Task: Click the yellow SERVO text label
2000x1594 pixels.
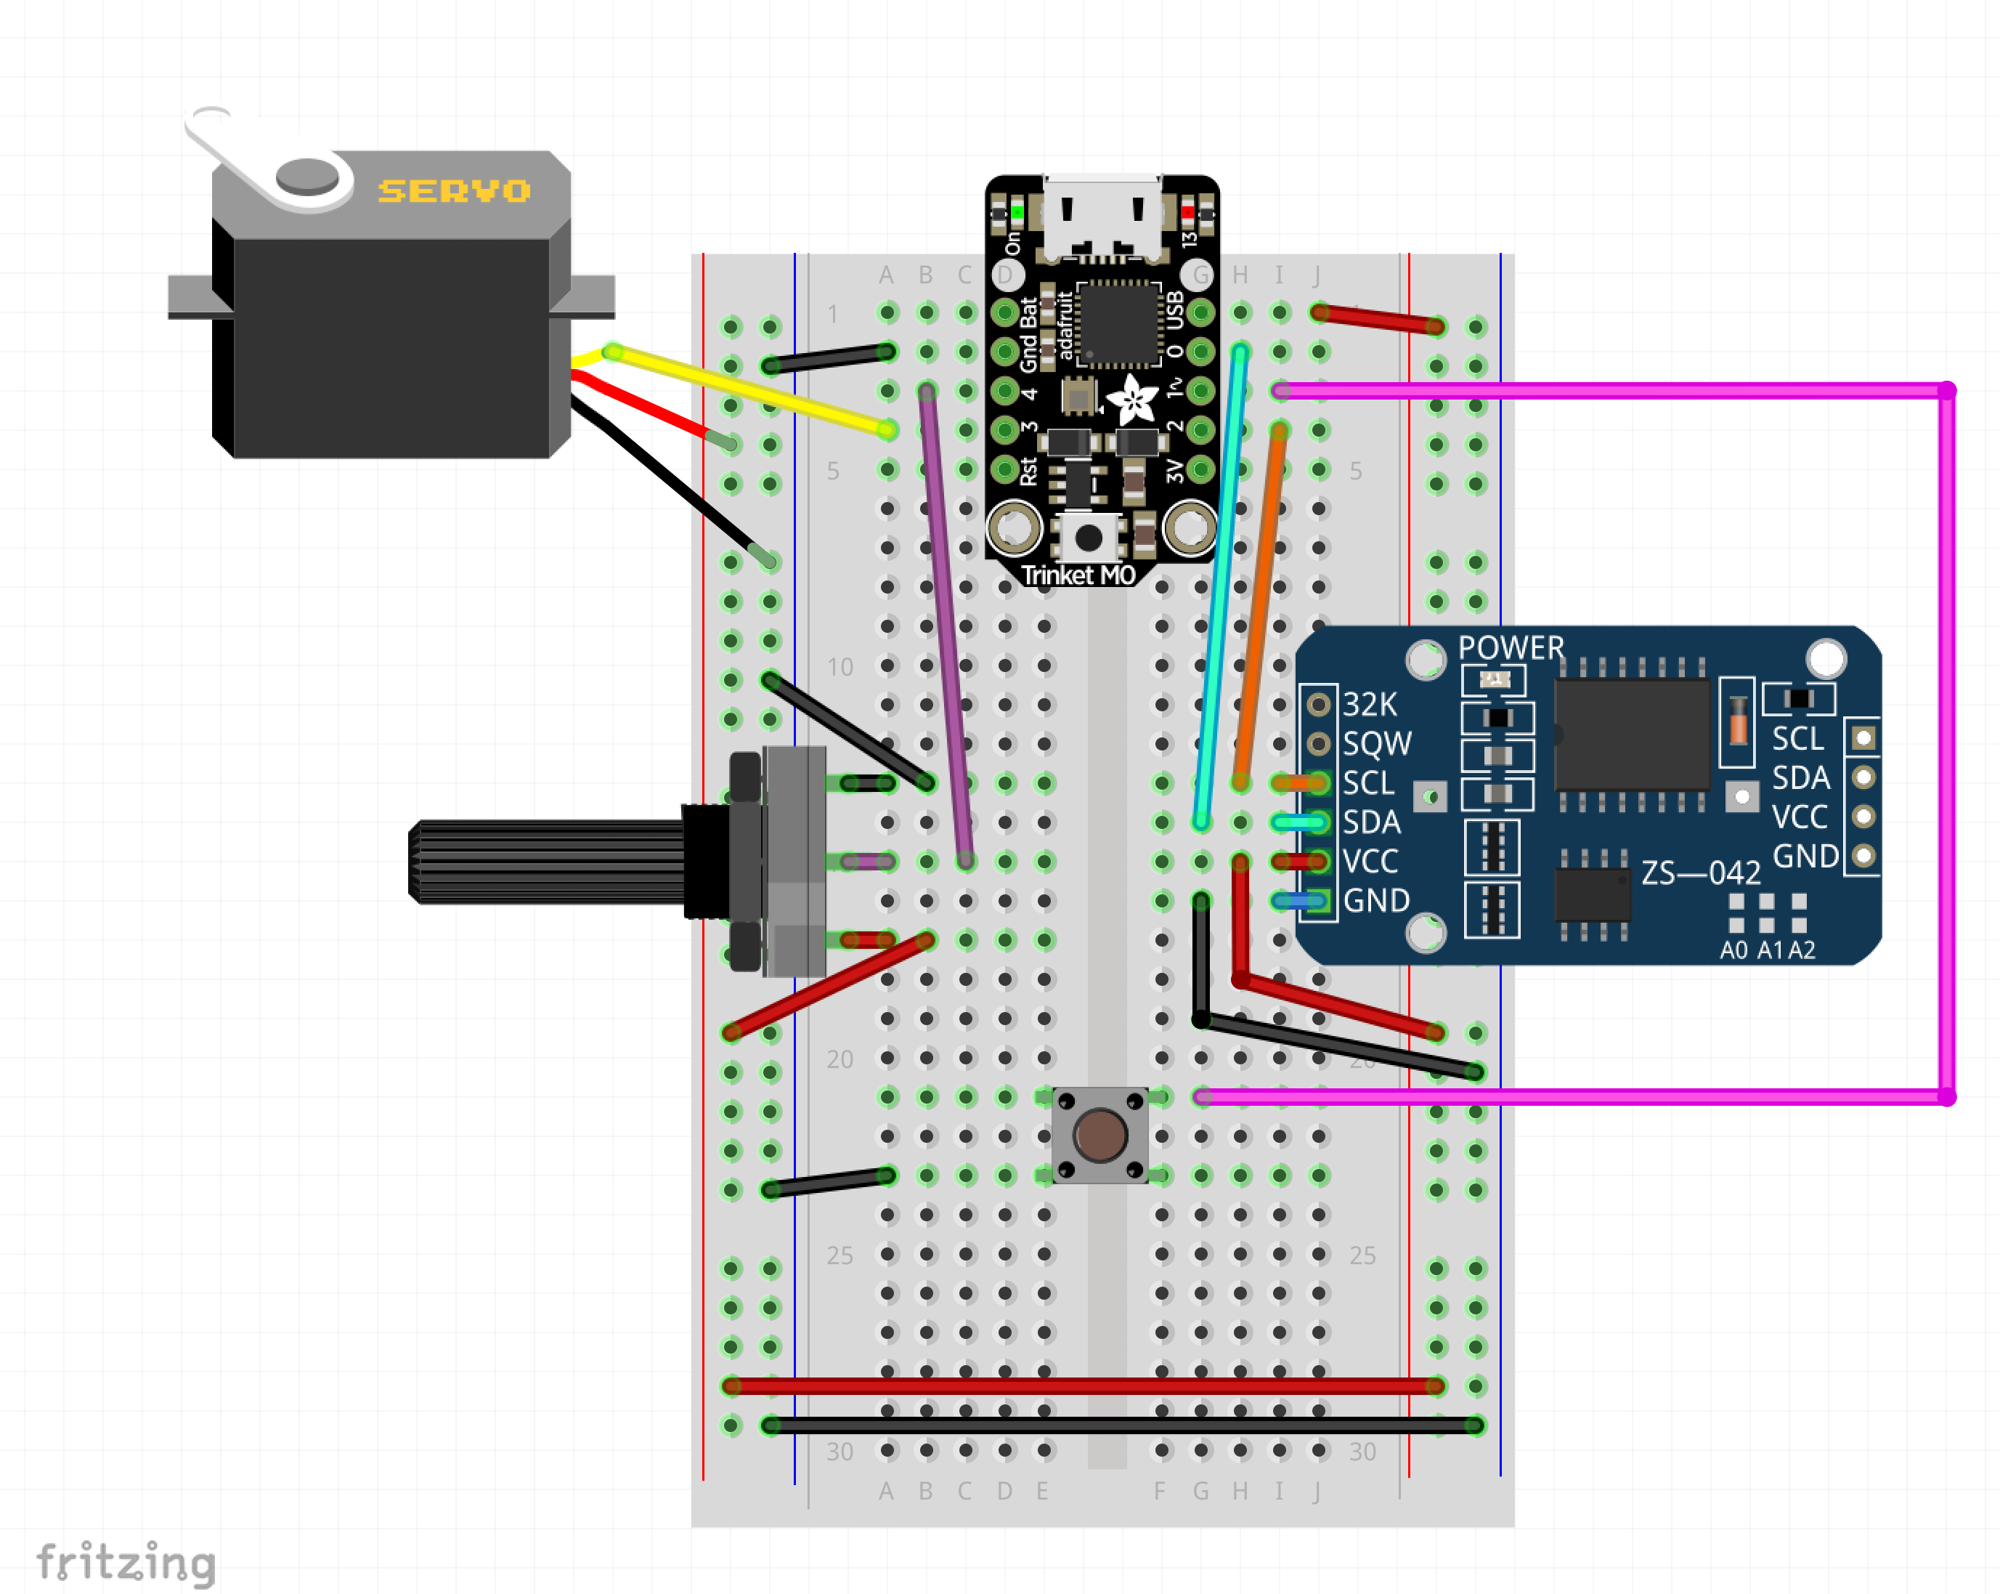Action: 454,191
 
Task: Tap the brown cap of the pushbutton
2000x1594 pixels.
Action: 1100,1135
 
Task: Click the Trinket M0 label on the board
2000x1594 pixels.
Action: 1078,575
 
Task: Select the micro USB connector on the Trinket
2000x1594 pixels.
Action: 1102,218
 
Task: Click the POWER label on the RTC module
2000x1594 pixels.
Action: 1511,647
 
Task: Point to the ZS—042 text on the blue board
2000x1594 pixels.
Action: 1700,873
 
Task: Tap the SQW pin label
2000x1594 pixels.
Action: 1377,744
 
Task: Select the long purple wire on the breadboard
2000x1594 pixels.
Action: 946,626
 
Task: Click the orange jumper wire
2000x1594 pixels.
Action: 1260,607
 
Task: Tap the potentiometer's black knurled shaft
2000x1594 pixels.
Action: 548,861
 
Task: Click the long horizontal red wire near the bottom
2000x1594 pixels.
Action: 1084,1386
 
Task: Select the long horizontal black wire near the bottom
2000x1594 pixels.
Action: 1123,1425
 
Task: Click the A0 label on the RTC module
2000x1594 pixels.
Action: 1733,950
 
